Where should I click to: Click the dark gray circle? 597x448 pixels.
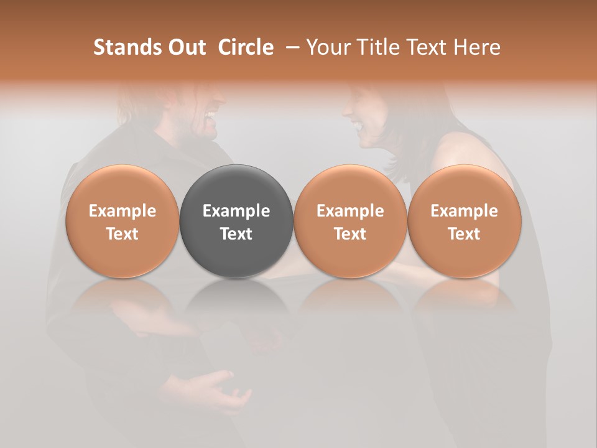pos(236,222)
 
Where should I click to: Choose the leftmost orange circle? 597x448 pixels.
pos(123,222)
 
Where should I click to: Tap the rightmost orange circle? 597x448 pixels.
pos(464,222)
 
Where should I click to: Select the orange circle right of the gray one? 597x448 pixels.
pos(350,222)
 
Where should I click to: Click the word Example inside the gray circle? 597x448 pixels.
pos(236,211)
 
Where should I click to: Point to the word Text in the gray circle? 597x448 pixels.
pos(236,234)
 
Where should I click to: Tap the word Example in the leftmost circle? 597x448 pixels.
pos(123,211)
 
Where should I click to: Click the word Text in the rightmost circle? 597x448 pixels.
pos(464,234)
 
